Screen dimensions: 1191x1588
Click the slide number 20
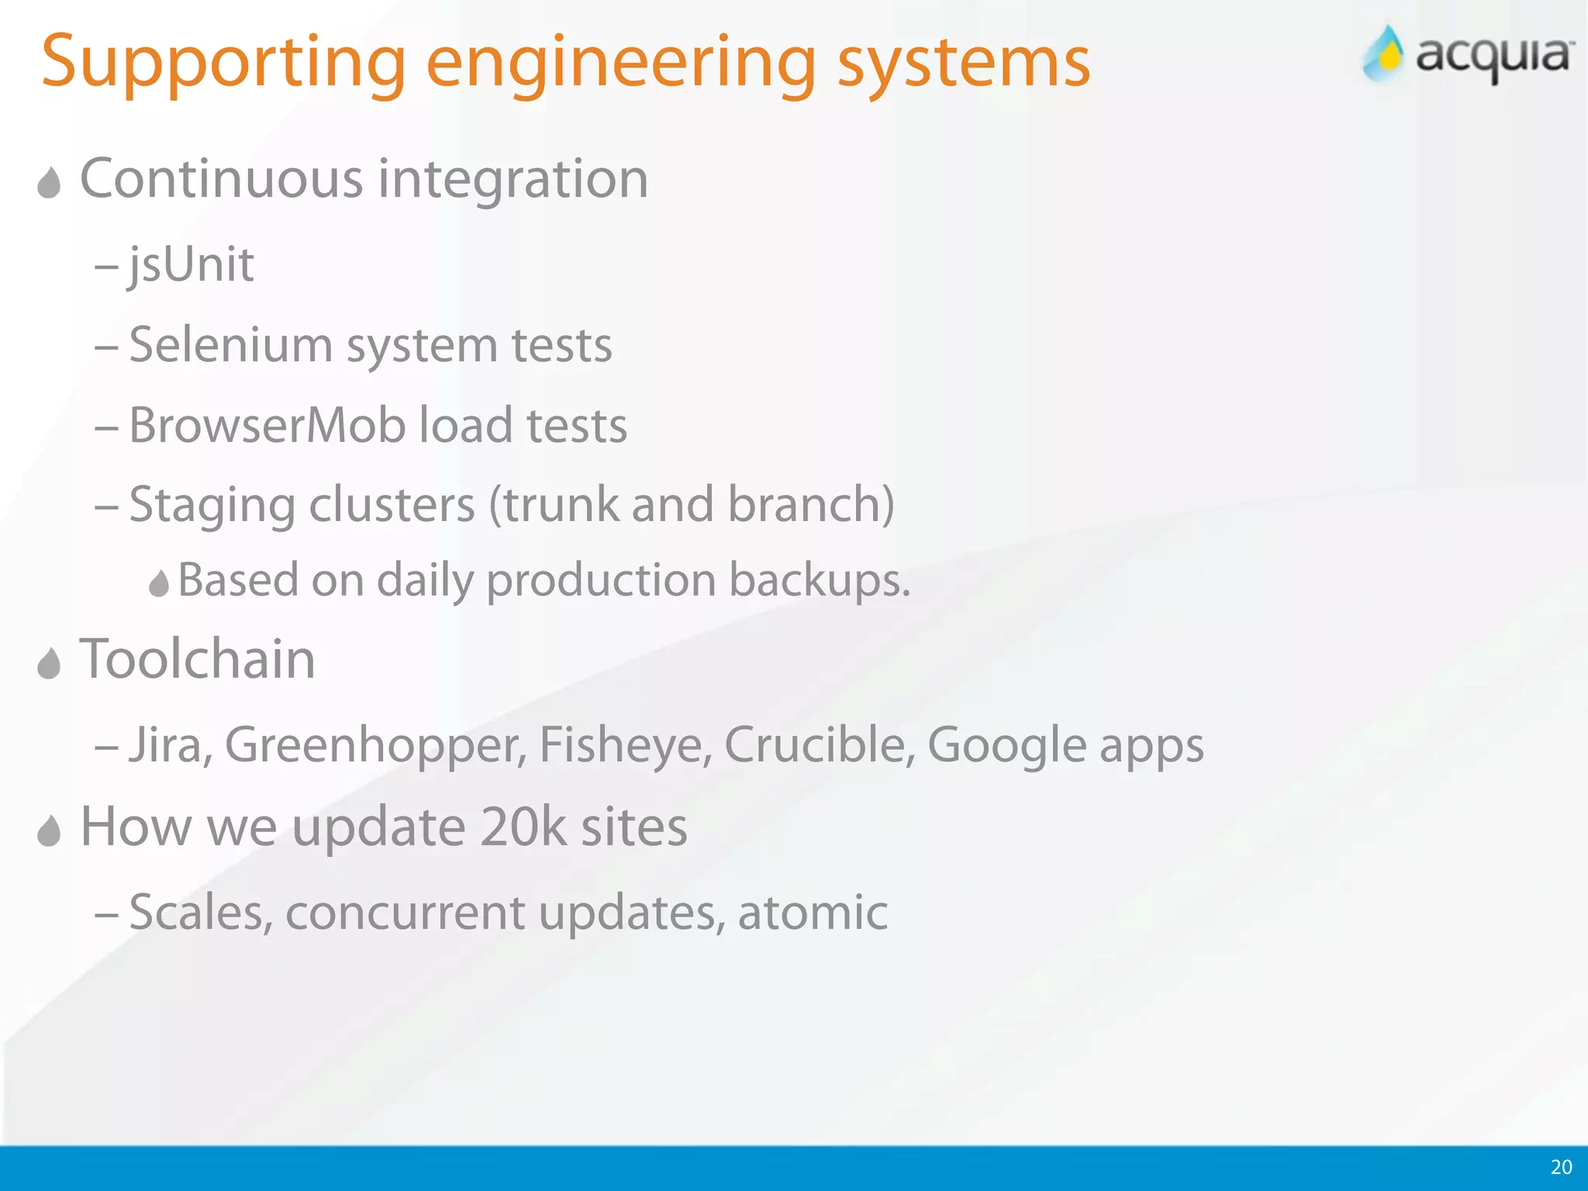1561,1167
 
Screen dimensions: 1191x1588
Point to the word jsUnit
191,265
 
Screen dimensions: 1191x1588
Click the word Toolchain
198,659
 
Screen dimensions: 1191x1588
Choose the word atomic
813,913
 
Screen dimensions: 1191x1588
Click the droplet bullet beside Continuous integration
49,183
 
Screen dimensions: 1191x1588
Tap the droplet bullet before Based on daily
159,583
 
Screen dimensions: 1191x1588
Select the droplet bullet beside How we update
49,831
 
